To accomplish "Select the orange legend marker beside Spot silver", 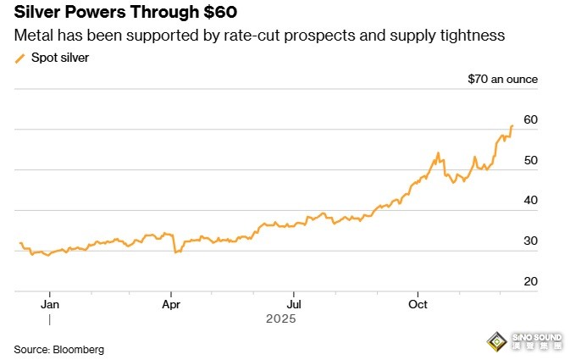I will (20, 58).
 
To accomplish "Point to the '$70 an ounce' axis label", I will (502, 80).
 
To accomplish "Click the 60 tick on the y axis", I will (531, 119).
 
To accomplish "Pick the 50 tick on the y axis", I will (531, 160).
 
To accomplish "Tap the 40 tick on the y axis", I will (531, 200).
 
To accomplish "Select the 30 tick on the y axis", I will (531, 241).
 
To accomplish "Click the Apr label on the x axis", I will (171, 302).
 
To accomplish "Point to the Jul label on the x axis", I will (294, 302).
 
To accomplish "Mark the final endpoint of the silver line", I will (512, 126).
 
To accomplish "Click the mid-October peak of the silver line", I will (438, 153).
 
